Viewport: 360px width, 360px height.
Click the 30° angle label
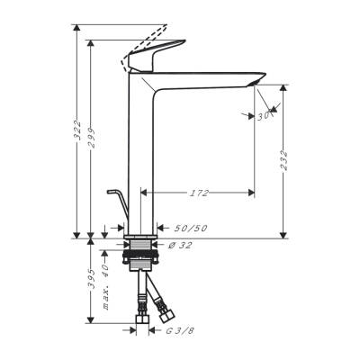[265, 114]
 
